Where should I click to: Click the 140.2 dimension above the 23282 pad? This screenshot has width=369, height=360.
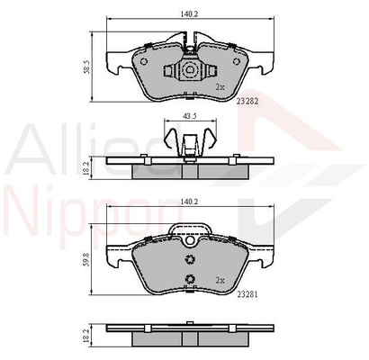click(x=190, y=13)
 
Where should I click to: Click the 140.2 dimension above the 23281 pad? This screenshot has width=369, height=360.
click(x=190, y=202)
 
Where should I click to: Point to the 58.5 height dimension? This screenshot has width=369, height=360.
click(x=87, y=67)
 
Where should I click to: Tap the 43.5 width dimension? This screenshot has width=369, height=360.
click(x=190, y=116)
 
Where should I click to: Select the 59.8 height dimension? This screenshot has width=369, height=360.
click(x=87, y=259)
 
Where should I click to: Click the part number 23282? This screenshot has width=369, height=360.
click(x=247, y=102)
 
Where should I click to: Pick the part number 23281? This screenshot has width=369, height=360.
click(x=247, y=294)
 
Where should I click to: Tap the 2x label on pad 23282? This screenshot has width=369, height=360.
click(x=220, y=87)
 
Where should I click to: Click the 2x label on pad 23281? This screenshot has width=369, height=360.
click(x=220, y=280)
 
